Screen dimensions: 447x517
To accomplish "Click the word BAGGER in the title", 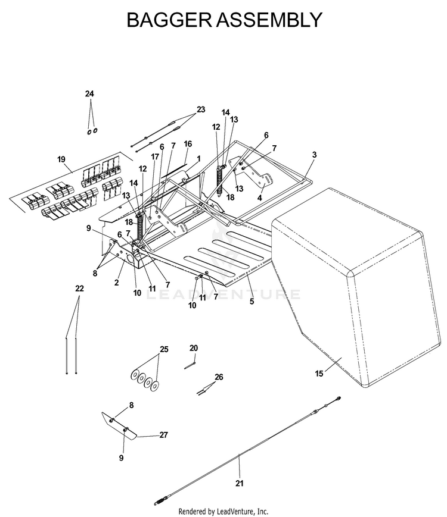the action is [169, 20].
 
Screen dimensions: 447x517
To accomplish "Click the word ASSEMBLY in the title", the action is [269, 20].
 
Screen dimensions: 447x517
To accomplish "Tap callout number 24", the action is [89, 94].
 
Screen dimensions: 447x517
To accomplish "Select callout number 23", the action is [201, 109].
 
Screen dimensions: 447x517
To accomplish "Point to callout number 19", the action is [61, 159].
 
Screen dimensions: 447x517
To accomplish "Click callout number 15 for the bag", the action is [319, 374].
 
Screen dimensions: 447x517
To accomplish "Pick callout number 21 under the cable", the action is [240, 483].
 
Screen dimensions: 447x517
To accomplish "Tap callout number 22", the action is [79, 288].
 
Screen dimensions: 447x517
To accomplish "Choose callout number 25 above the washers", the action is [164, 349].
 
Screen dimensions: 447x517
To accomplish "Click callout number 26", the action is [219, 377].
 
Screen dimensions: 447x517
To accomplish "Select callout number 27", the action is [163, 435].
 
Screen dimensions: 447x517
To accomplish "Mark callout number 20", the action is [194, 348].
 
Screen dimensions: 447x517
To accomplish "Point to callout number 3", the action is [314, 155].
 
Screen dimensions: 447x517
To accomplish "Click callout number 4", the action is [260, 198].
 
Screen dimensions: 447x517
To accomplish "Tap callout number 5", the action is [252, 302].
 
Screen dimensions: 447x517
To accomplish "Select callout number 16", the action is [188, 144].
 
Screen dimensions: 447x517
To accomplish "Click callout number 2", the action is [116, 283].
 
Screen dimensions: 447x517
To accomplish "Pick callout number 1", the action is [198, 159].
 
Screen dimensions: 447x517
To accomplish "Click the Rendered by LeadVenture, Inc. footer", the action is [223, 512].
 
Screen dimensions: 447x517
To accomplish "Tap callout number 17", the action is [155, 157].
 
